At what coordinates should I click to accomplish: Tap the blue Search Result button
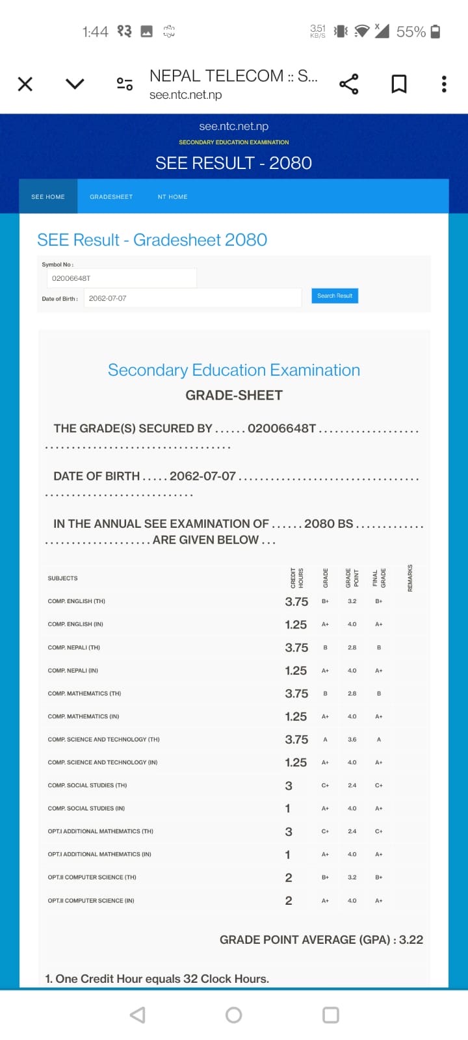335,296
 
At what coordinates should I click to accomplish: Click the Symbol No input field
122,278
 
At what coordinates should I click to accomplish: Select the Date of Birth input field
192,298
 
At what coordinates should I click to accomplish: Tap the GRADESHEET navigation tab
111,196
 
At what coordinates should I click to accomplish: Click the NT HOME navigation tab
172,196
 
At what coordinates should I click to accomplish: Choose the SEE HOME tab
48,196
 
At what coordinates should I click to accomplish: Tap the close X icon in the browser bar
25,84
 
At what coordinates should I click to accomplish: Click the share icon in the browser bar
349,84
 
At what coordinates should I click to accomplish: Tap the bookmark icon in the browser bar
398,84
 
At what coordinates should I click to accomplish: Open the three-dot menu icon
444,84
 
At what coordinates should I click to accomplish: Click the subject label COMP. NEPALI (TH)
74,647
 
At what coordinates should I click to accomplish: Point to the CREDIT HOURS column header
296,577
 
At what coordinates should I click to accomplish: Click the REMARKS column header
410,577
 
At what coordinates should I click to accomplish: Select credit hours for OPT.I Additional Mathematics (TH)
289,831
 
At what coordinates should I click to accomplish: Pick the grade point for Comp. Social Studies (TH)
352,785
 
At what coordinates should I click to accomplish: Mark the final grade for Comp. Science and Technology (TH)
379,739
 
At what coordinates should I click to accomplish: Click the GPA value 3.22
411,939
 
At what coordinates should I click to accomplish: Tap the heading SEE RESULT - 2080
233,163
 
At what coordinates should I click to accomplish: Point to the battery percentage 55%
411,31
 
